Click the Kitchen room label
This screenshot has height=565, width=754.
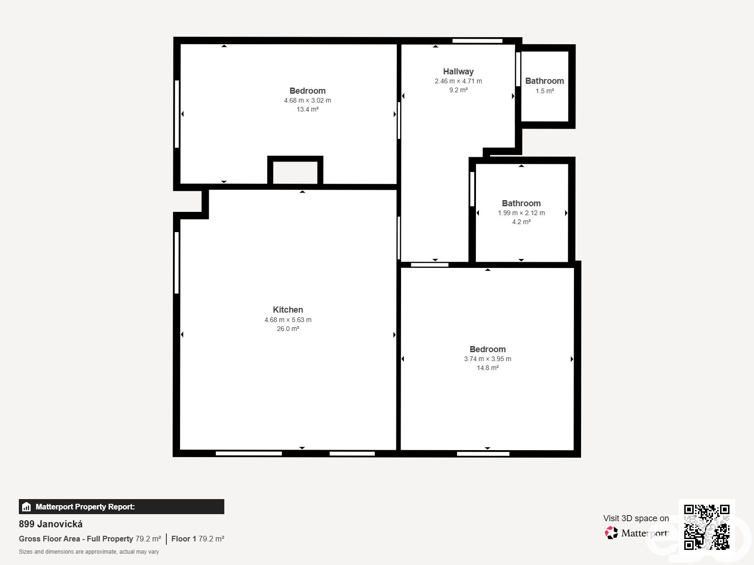tap(288, 310)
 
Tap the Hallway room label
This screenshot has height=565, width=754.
tap(458, 72)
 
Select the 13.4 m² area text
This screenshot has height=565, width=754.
tap(307, 109)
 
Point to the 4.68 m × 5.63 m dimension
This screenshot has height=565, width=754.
tap(288, 320)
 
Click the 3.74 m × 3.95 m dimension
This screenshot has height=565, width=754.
tap(487, 359)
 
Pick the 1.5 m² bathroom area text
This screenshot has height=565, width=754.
tap(544, 91)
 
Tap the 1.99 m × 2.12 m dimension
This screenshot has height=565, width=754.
tap(521, 213)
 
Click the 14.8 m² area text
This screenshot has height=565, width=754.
tap(487, 368)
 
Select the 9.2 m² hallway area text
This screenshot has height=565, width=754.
tap(458, 90)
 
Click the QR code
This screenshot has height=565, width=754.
tap(706, 527)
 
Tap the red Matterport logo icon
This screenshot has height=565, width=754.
tap(611, 533)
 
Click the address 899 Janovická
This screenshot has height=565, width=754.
tap(50, 524)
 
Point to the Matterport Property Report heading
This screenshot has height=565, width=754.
tap(85, 507)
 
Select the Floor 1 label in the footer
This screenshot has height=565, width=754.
tap(183, 539)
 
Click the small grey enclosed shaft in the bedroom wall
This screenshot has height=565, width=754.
tap(295, 172)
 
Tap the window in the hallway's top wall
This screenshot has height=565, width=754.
tap(477, 41)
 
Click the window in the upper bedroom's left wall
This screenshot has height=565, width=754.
tap(177, 114)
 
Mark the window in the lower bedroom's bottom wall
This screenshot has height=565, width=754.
tap(483, 454)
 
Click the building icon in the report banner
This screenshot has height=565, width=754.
tap(26, 507)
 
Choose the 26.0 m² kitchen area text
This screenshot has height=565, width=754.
tap(288, 329)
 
